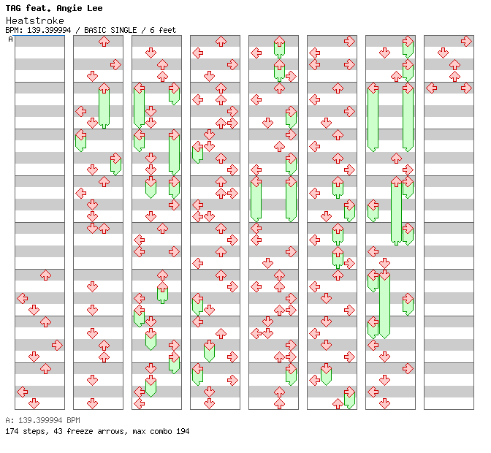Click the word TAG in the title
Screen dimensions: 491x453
13,8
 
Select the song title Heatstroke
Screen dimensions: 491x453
35,20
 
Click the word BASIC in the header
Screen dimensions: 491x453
95,30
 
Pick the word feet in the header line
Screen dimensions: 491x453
167,30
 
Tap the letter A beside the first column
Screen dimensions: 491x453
10,39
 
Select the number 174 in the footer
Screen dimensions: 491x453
12,431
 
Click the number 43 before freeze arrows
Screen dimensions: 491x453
58,431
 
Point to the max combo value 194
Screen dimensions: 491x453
183,431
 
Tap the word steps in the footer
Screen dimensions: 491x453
35,431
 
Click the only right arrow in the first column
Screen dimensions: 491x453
57,346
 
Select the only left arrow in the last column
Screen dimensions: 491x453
431,88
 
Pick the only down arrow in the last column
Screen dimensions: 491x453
443,53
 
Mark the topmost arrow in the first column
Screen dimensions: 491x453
46,275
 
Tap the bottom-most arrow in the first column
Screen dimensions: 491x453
34,403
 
